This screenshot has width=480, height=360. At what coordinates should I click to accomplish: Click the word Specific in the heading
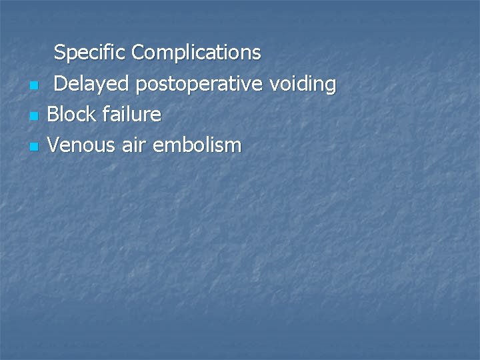pyautogui.click(x=90, y=52)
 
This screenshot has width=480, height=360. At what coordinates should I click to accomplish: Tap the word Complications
pyautogui.click(x=197, y=52)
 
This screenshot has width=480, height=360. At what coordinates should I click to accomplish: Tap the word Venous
pyautogui.click(x=81, y=145)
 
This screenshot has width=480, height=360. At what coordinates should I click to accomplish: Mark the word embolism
pyautogui.click(x=197, y=145)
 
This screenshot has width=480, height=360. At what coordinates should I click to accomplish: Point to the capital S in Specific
pyautogui.click(x=59, y=52)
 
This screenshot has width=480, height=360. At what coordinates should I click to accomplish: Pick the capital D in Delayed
pyautogui.click(x=60, y=84)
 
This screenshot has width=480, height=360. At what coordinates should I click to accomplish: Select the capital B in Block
pyautogui.click(x=53, y=115)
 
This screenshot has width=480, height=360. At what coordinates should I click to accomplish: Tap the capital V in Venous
pyautogui.click(x=53, y=145)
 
